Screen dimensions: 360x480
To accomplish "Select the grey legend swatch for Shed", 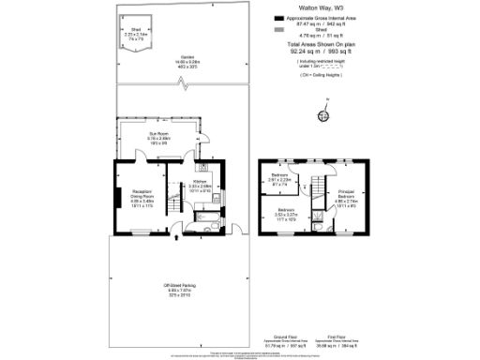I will click(277, 30).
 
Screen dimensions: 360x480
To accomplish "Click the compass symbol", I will click(324, 116).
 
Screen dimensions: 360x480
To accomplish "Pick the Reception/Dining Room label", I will click(142, 199).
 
